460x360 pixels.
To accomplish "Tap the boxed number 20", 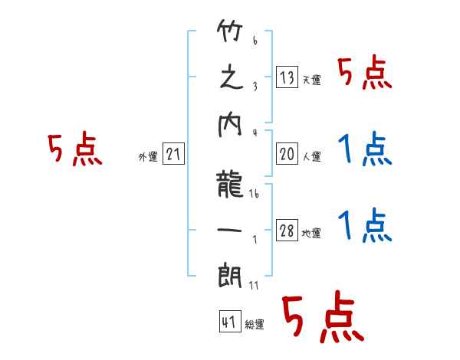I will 287,155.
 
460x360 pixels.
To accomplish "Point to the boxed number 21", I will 173,155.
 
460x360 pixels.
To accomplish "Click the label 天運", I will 312,80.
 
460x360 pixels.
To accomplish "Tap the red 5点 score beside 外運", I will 74,150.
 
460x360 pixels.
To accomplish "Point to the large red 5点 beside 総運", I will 323,318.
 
